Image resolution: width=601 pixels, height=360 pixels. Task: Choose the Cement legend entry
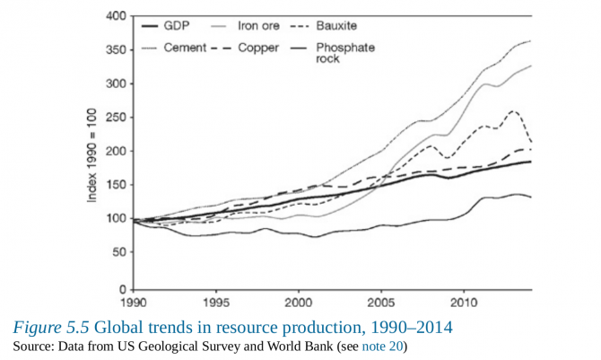(184, 47)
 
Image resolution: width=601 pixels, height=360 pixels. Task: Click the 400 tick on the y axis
(116, 16)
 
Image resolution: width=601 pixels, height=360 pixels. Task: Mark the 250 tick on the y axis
(116, 119)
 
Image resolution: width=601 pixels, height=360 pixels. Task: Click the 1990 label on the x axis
(132, 303)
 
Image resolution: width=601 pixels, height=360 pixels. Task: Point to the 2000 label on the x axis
(299, 303)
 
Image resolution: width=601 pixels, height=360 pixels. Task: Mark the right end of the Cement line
(530, 41)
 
